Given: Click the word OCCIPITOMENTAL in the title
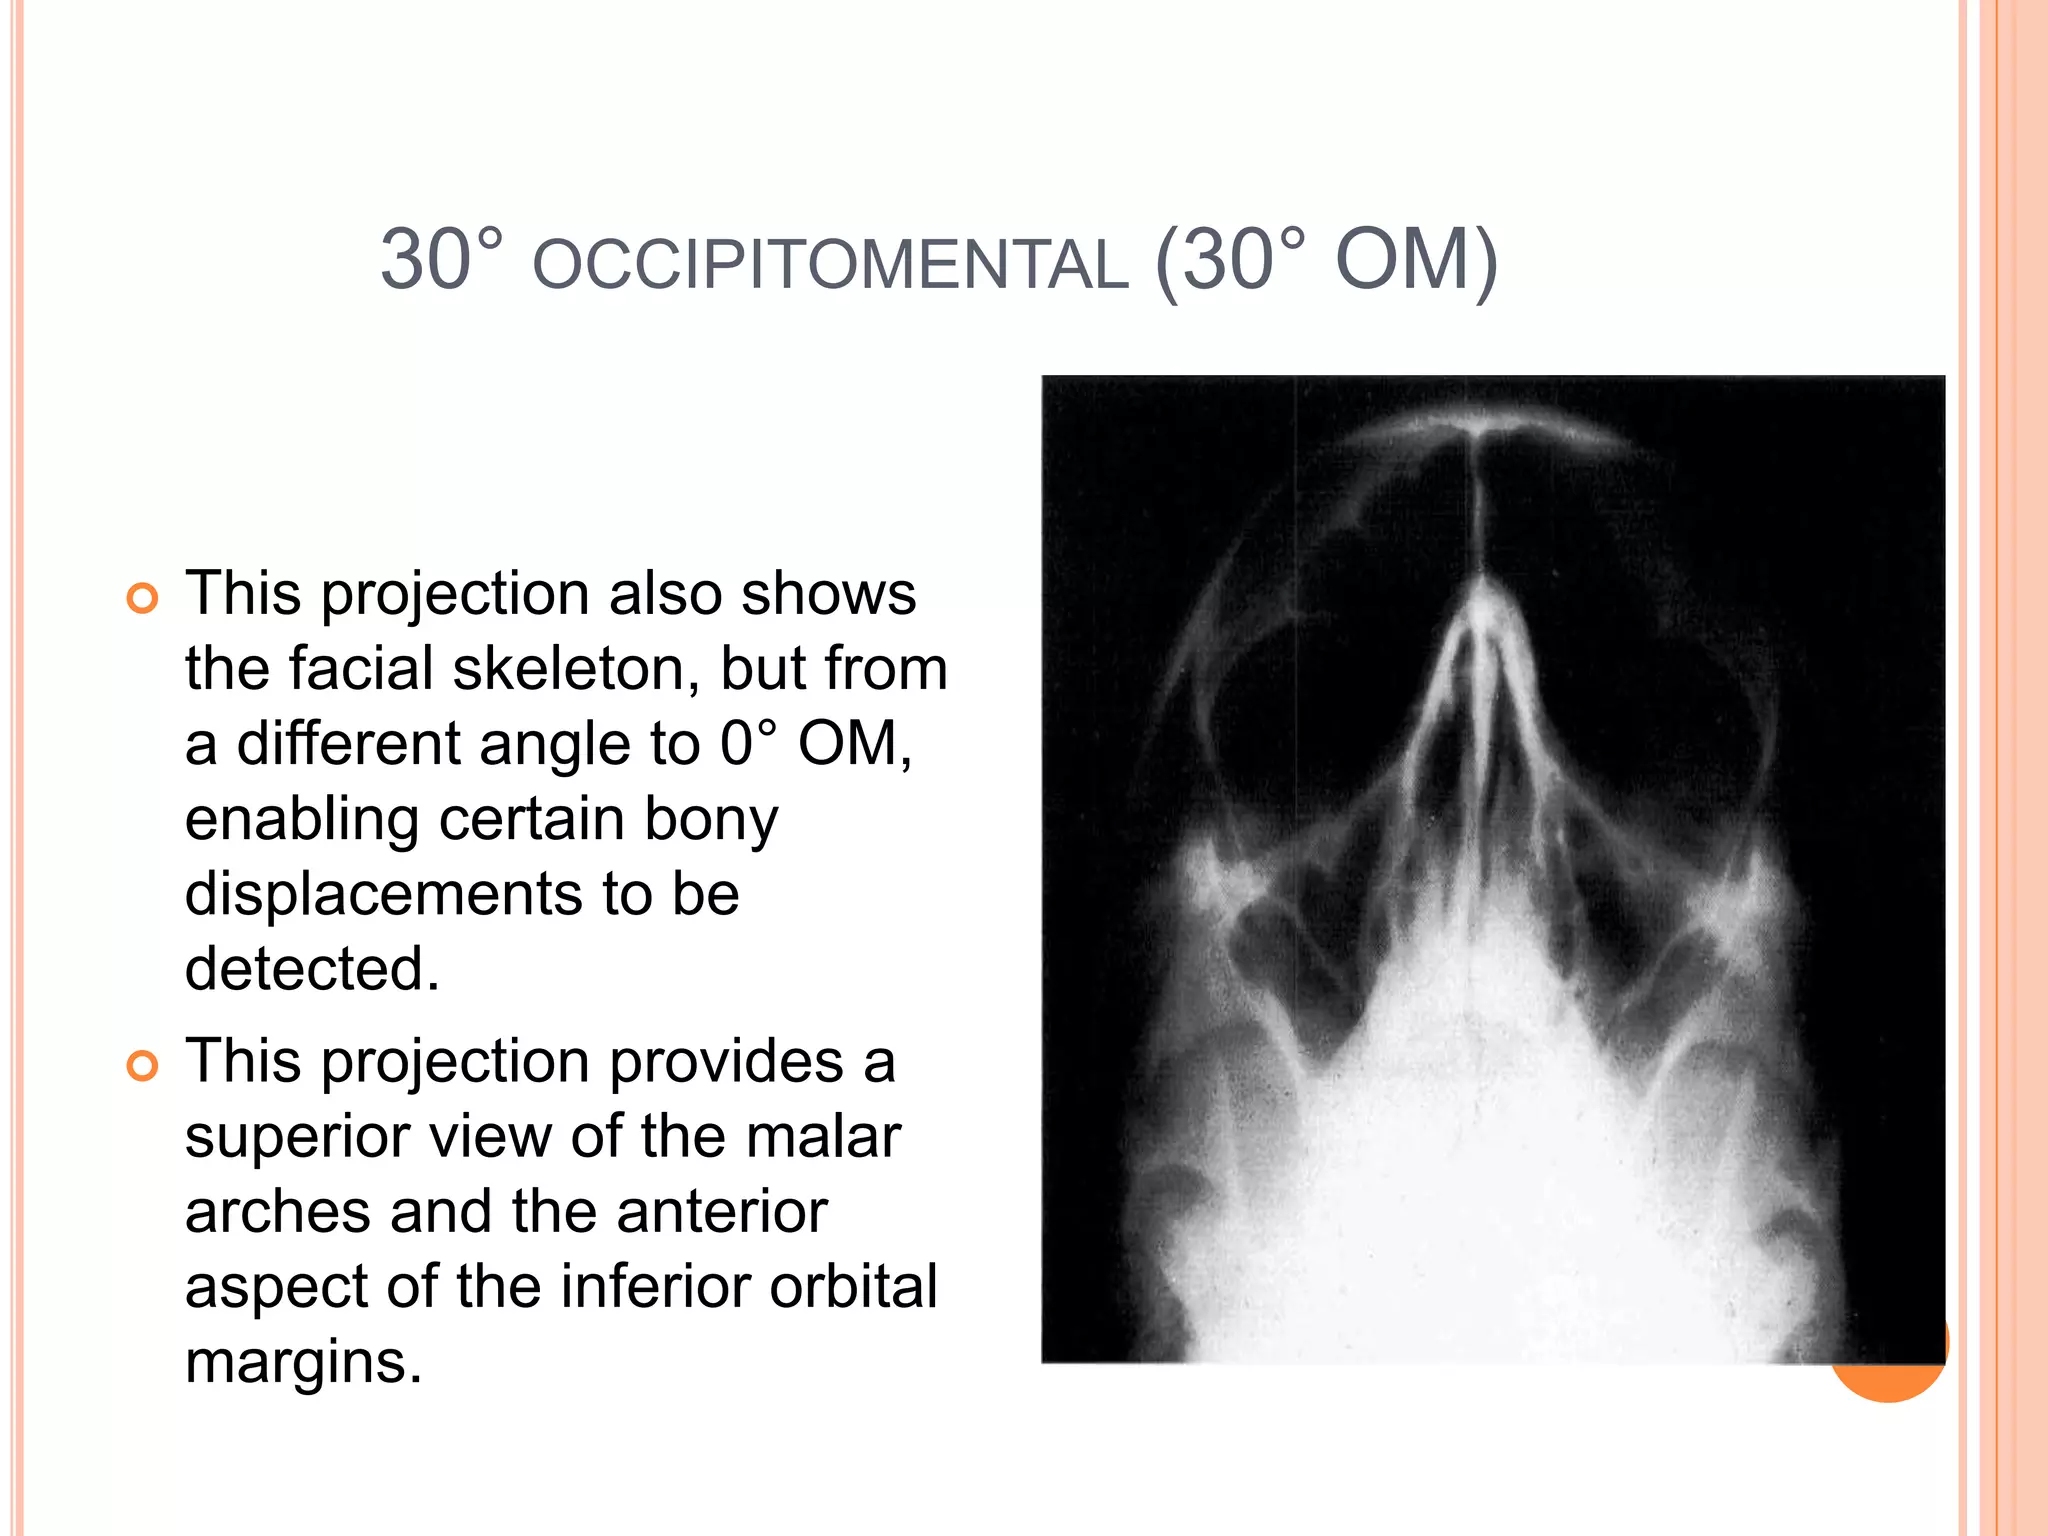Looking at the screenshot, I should [x=830, y=265].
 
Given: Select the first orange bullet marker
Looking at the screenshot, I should [x=143, y=598].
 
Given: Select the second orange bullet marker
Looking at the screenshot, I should [x=143, y=1066].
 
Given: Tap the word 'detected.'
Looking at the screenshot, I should [x=312, y=968].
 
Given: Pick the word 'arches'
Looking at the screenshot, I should [x=278, y=1211].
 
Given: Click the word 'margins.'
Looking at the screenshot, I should [x=304, y=1361].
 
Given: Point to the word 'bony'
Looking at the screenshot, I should [x=711, y=819].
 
